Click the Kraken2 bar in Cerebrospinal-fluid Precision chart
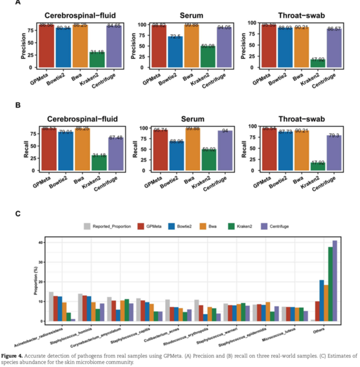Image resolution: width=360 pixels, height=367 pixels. [96, 59]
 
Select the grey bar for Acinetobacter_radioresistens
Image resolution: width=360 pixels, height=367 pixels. [51, 306]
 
